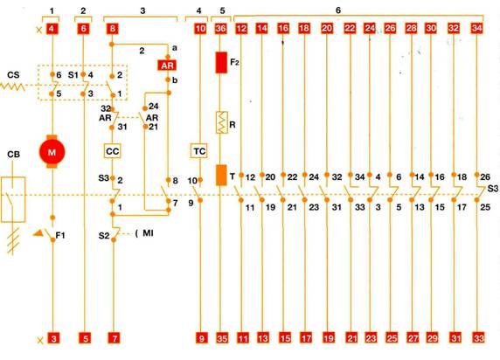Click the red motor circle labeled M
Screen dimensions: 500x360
coord(52,152)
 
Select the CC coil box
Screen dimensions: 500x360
coord(112,151)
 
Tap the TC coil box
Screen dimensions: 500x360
coord(199,151)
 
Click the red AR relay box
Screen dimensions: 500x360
coord(167,66)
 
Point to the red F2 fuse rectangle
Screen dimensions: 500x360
coord(221,63)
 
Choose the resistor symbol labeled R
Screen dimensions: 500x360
coord(222,122)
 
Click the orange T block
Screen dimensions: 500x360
coord(221,175)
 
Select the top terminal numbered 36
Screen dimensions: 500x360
coord(220,29)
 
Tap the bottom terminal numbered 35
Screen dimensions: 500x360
coord(222,338)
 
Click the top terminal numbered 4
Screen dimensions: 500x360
coord(52,29)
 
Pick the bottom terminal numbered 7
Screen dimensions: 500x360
coord(115,338)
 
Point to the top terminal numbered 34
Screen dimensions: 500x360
coord(476,28)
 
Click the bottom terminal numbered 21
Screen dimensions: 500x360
coord(351,337)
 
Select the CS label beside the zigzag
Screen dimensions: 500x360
coord(13,75)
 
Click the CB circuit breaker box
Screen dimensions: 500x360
coord(13,199)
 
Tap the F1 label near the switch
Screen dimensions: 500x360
coord(60,235)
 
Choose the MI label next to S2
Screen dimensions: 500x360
coord(148,233)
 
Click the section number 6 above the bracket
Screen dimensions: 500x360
coord(338,10)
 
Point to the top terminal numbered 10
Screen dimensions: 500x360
coord(200,29)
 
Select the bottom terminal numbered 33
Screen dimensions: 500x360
coord(479,337)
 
